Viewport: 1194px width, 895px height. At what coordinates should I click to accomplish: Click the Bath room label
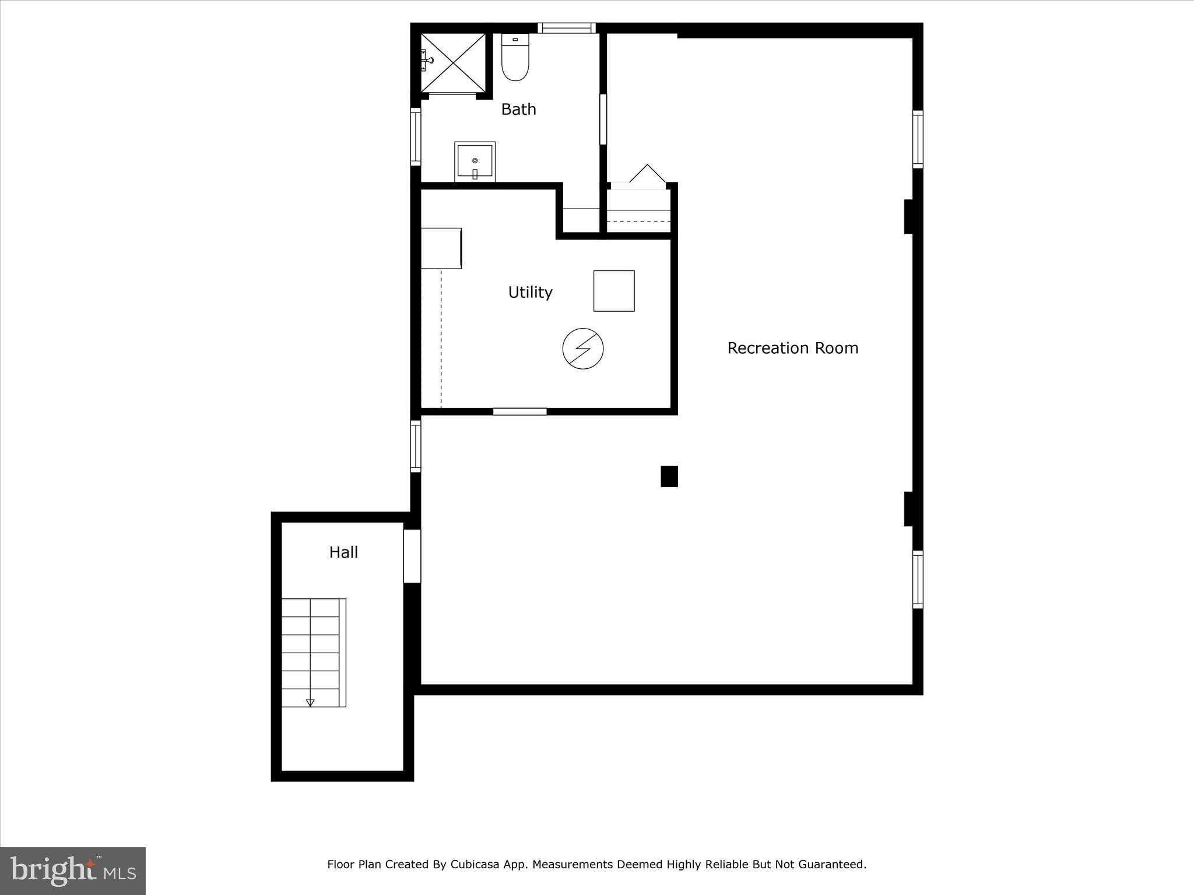518,110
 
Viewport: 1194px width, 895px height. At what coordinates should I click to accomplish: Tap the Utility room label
530,293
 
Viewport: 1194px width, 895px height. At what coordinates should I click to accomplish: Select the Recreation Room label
792,348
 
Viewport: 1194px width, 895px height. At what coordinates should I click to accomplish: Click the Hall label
343,552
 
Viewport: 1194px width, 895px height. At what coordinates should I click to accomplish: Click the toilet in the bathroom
515,58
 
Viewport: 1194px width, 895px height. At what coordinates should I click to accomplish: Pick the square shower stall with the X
454,63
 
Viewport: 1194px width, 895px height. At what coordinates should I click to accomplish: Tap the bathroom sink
475,161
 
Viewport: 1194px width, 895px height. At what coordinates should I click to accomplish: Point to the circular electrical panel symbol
582,349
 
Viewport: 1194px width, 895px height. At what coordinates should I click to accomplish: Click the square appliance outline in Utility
614,291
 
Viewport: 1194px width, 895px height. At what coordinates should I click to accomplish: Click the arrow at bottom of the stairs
310,702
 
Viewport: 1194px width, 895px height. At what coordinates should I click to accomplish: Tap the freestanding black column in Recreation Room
669,476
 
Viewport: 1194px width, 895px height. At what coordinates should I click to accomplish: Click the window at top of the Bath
566,27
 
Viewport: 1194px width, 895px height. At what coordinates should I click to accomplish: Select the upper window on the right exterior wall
917,139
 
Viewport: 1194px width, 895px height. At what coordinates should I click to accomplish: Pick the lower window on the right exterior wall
917,579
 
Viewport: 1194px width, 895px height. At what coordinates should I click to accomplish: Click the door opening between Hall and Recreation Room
412,555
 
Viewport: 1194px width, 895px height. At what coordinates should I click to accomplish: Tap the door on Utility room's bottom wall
519,411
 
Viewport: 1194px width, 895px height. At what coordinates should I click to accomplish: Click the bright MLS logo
73,871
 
